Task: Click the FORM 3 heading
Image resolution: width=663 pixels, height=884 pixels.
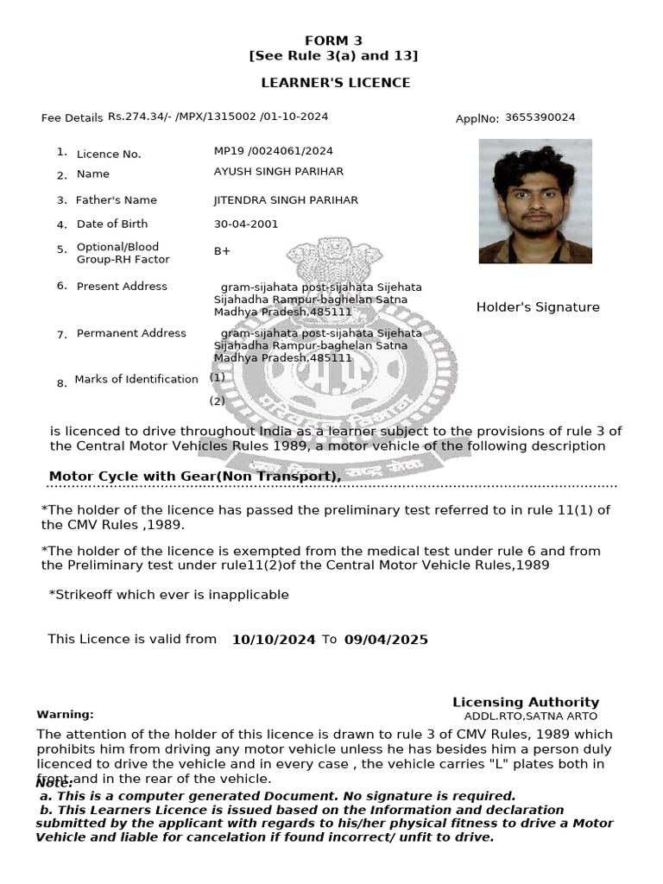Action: click(333, 41)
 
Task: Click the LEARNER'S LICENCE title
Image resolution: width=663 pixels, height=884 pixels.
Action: click(336, 83)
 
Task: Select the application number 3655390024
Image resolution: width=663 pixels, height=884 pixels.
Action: click(540, 117)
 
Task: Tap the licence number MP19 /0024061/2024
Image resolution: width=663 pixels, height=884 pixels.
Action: click(273, 151)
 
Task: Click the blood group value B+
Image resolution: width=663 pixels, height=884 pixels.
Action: click(222, 251)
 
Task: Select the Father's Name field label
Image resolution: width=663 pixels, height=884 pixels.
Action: click(117, 200)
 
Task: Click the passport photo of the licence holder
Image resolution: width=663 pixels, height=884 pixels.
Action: click(535, 201)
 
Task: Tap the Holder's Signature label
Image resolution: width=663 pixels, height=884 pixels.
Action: click(538, 307)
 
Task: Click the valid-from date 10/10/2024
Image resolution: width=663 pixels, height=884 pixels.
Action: click(274, 640)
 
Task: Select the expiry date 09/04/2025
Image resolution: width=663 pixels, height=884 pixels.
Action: click(386, 640)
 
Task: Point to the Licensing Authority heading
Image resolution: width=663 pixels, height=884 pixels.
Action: click(525, 703)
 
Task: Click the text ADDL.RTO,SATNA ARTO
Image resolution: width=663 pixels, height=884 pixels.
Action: click(530, 717)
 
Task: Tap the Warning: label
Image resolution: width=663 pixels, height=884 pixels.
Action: click(65, 715)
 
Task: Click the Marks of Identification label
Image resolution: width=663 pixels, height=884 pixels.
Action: click(136, 379)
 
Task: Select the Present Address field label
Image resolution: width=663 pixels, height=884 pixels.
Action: click(122, 287)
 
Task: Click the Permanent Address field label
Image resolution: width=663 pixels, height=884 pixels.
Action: click(131, 333)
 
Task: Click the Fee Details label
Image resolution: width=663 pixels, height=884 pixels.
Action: click(72, 118)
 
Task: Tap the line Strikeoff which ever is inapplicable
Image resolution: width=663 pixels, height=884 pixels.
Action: click(169, 595)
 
